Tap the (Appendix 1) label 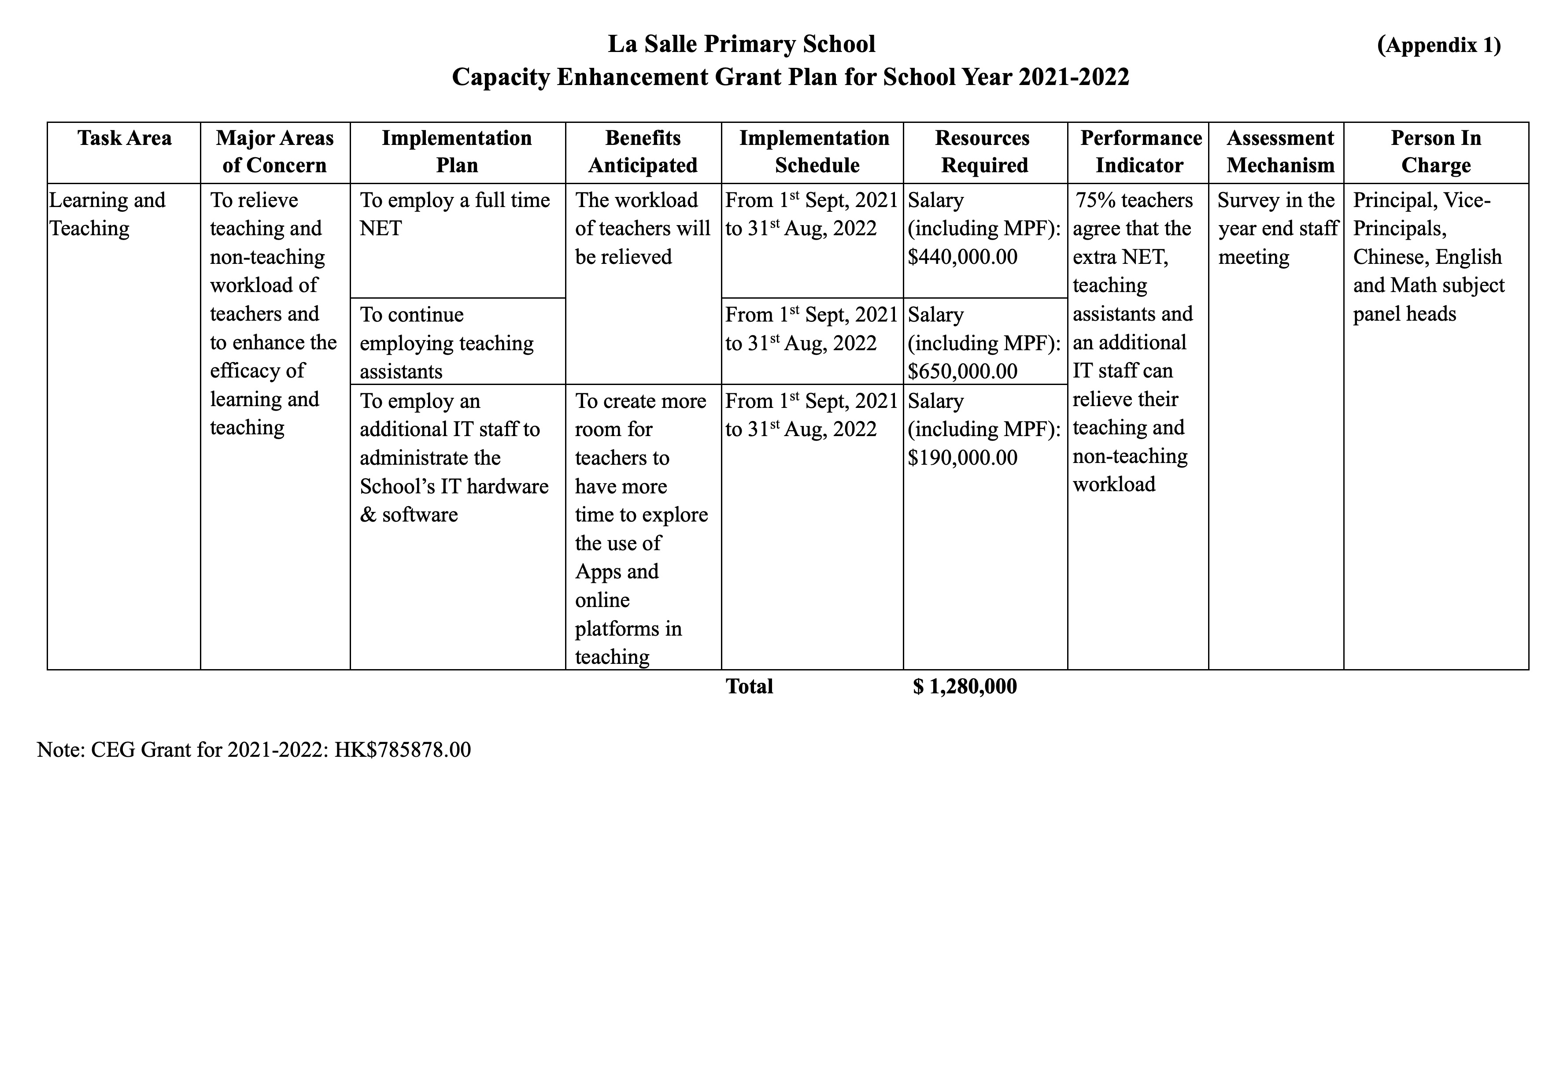1439,45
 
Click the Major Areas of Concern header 274,152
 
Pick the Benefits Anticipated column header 643,152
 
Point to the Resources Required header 984,152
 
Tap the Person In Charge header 1435,152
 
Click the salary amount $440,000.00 962,257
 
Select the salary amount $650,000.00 962,371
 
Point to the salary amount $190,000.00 962,458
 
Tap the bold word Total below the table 749,687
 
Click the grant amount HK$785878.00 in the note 403,750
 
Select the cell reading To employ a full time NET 455,214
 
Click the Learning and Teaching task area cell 107,214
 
